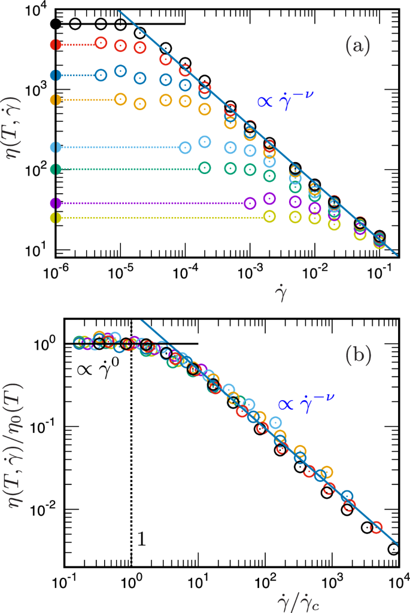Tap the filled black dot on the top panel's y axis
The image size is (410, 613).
(x=56, y=24)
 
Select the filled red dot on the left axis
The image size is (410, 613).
(x=56, y=44)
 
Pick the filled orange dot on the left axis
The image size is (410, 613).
(x=56, y=100)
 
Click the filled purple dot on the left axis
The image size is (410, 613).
(x=56, y=203)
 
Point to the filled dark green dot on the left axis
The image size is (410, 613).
(x=56, y=169)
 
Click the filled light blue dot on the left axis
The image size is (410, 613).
(x=56, y=147)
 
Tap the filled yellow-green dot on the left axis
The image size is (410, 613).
(x=56, y=218)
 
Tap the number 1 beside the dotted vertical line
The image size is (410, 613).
(x=141, y=541)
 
